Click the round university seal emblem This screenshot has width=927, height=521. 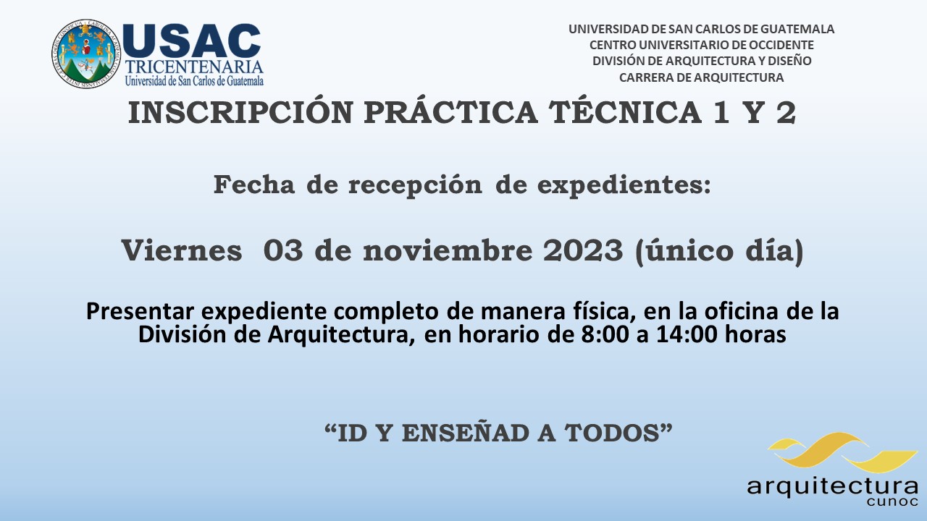point(86,54)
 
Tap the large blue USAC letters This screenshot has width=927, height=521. point(192,41)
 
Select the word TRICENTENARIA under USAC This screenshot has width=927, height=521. point(193,67)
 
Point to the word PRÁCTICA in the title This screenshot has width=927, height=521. point(450,111)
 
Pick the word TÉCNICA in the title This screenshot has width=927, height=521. point(625,111)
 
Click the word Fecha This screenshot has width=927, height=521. point(253,185)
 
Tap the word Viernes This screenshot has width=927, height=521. point(182,250)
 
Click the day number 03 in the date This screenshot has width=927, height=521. point(283,250)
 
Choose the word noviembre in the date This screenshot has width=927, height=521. point(448,250)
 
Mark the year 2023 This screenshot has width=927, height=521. point(583,250)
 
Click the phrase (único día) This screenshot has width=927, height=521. point(719,251)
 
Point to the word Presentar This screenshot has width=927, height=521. point(140,311)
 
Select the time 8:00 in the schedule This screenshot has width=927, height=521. point(605,334)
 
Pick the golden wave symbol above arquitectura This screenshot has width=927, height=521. point(842,453)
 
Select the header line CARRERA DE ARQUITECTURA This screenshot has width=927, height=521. point(702,77)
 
